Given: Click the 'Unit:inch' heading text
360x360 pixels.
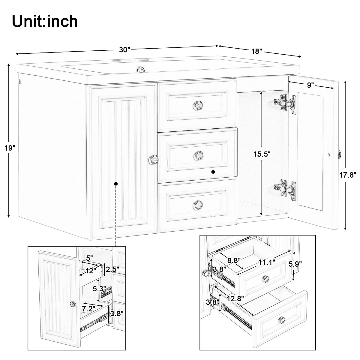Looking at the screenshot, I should pyautogui.click(x=45, y=21).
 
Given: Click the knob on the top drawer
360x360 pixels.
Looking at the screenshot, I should pyautogui.click(x=197, y=104).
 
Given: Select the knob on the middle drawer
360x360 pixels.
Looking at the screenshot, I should pyautogui.click(x=197, y=155).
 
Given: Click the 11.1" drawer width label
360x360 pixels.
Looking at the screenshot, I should pyautogui.click(x=267, y=263).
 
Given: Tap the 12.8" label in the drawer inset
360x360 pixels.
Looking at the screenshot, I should pyautogui.click(x=235, y=298).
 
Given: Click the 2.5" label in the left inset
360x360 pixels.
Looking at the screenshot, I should pyautogui.click(x=112, y=268).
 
